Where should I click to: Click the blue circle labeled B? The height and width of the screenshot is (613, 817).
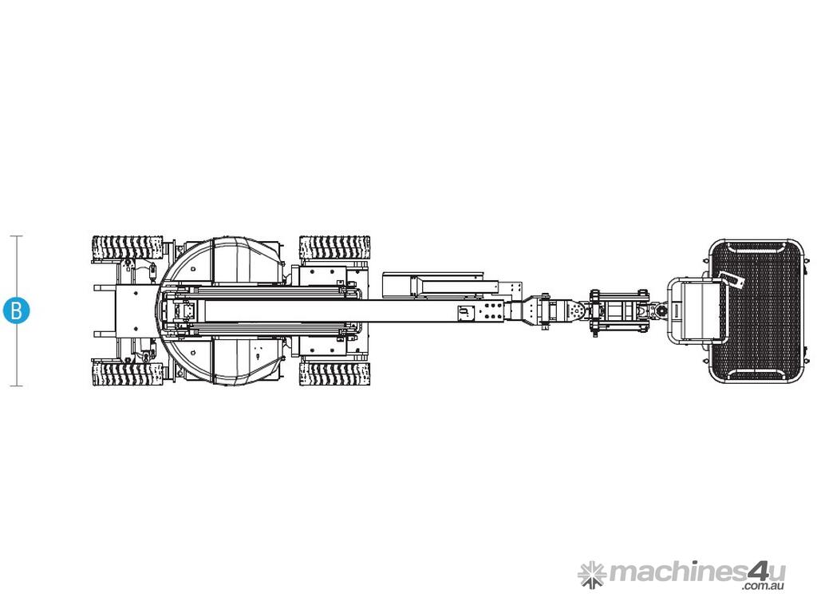click(16, 310)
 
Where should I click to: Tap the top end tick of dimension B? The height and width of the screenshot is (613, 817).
click(17, 236)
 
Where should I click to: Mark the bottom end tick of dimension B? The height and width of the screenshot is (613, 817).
click(17, 386)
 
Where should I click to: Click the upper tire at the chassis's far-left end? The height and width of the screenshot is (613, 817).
click(127, 247)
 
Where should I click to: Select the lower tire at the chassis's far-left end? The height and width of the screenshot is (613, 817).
click(127, 374)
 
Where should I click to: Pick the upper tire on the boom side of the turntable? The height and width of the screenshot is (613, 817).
click(334, 247)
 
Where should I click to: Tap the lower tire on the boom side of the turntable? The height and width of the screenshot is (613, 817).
click(334, 374)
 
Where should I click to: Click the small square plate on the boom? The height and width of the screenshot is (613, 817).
click(465, 313)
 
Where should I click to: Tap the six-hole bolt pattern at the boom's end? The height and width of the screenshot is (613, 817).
click(491, 311)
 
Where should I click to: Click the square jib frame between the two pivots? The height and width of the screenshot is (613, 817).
click(619, 311)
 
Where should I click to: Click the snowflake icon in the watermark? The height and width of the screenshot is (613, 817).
click(593, 575)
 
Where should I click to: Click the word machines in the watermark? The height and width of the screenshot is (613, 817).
click(677, 571)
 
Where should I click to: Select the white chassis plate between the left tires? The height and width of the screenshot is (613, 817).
click(136, 311)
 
